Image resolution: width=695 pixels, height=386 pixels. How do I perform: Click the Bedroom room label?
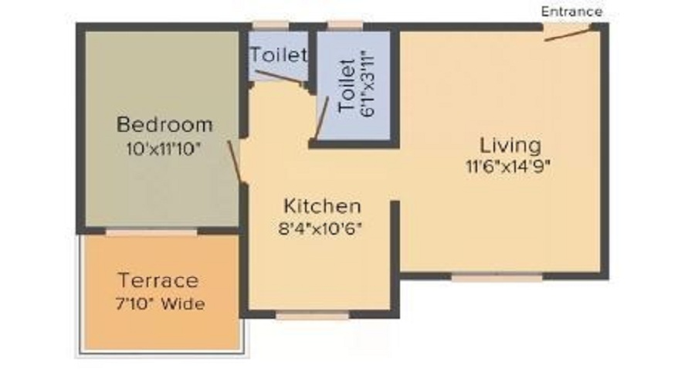(x=164, y=124)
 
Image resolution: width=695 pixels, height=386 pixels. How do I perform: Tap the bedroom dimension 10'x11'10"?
(x=164, y=148)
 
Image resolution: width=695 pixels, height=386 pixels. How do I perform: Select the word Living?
(x=510, y=146)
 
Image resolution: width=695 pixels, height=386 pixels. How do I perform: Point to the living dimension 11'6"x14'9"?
(x=508, y=166)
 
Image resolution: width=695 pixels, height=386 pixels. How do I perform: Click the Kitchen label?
(x=322, y=206)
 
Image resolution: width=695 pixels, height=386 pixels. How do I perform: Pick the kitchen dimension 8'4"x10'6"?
(x=320, y=229)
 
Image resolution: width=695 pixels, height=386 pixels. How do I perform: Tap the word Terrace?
(x=158, y=280)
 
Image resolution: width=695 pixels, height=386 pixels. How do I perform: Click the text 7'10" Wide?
(x=160, y=303)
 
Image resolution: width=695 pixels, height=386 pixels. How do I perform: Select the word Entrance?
(x=571, y=12)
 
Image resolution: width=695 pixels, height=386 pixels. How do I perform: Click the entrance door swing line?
(x=568, y=34)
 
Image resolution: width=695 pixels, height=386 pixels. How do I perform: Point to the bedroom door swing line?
(x=235, y=162)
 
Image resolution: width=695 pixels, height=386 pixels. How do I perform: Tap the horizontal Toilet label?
(x=279, y=55)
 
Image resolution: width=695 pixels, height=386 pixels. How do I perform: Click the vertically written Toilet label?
(x=347, y=86)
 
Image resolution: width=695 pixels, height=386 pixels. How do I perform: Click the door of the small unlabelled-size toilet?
(x=280, y=76)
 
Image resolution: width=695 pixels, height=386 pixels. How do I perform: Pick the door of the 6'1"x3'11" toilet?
(x=322, y=118)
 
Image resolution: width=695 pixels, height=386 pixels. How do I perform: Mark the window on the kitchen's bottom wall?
(x=313, y=315)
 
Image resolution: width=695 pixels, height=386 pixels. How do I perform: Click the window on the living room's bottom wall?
(x=497, y=277)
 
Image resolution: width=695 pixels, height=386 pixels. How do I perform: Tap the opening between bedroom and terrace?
(x=151, y=232)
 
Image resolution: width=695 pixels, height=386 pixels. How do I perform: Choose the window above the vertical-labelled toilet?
(x=345, y=26)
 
